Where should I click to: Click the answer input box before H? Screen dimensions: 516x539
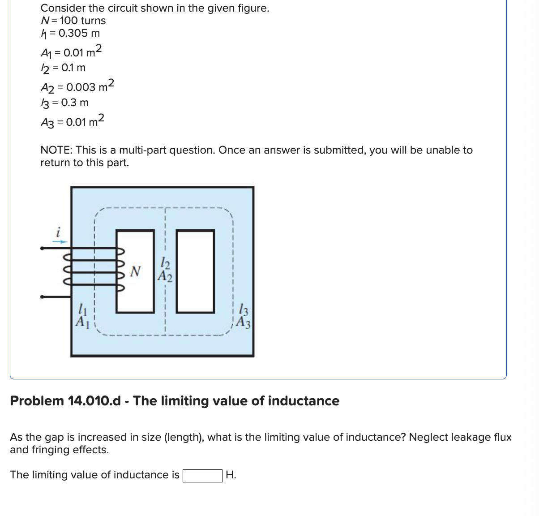click(x=202, y=475)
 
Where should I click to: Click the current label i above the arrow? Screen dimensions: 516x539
click(x=57, y=232)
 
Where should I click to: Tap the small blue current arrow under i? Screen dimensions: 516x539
click(x=61, y=241)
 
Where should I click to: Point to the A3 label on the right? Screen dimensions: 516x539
click(x=243, y=322)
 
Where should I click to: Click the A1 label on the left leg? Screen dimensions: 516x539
click(x=81, y=321)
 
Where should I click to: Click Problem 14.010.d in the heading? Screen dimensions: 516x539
click(x=65, y=401)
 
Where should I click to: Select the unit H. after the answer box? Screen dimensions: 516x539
click(x=231, y=475)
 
